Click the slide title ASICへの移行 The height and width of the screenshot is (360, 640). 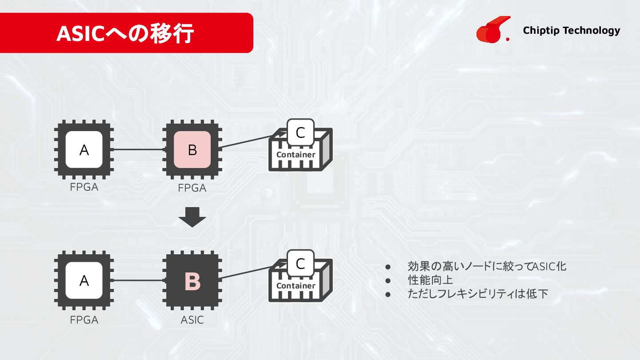click(x=125, y=34)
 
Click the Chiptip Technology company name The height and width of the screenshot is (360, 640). click(x=571, y=30)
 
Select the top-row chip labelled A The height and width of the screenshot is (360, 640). click(x=84, y=150)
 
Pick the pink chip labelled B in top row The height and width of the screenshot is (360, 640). click(x=192, y=150)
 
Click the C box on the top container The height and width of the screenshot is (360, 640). click(x=300, y=132)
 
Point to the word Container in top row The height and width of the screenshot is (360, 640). click(x=296, y=155)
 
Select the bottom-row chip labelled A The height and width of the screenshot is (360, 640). click(x=84, y=280)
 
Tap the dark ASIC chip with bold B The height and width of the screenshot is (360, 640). click(x=192, y=281)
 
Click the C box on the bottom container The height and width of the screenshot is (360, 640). click(x=300, y=264)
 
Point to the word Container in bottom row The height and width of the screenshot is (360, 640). click(x=296, y=286)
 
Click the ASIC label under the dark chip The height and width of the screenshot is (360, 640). click(x=192, y=320)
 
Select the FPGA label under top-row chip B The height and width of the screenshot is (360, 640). click(x=192, y=188)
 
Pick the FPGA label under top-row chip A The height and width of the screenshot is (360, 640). click(x=84, y=187)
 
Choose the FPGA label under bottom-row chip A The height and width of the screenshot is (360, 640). click(x=84, y=320)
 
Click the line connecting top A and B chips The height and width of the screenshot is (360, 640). click(x=138, y=149)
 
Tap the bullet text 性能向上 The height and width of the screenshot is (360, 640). click(x=430, y=280)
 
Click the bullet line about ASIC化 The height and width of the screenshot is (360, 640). click(x=487, y=267)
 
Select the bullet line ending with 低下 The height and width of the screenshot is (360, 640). click(x=478, y=293)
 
